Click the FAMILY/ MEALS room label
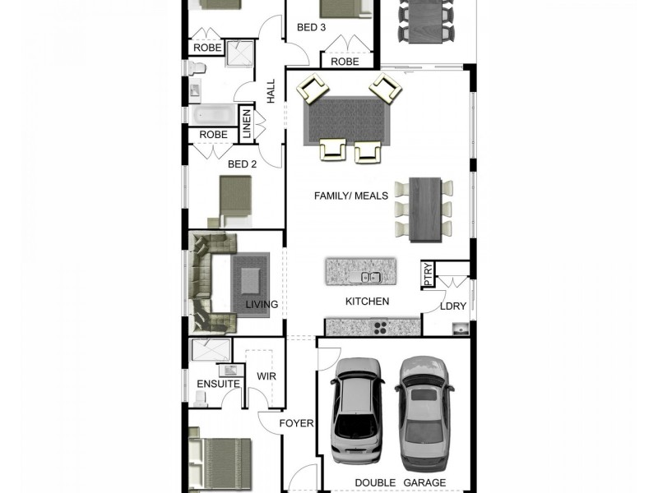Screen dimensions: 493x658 [x=351, y=196]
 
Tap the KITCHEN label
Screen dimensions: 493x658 [x=367, y=302]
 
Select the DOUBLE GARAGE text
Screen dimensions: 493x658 [x=400, y=482]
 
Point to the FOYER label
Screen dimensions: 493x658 [x=296, y=423]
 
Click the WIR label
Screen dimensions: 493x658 [x=266, y=376]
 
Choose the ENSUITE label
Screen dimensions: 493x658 [x=218, y=384]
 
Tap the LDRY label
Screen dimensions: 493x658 [x=452, y=306]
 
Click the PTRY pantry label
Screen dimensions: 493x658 [x=427, y=274]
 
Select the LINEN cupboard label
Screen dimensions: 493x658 [x=246, y=124]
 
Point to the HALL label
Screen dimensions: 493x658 [x=271, y=90]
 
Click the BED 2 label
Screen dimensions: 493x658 [x=242, y=164]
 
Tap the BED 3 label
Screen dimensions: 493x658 [x=311, y=27]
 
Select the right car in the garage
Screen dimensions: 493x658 [x=424, y=408]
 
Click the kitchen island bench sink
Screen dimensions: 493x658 [x=370, y=277]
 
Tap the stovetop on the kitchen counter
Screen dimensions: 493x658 [x=379, y=327]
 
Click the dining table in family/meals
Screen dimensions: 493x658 [x=425, y=209]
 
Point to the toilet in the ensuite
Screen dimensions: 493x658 [x=200, y=396]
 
